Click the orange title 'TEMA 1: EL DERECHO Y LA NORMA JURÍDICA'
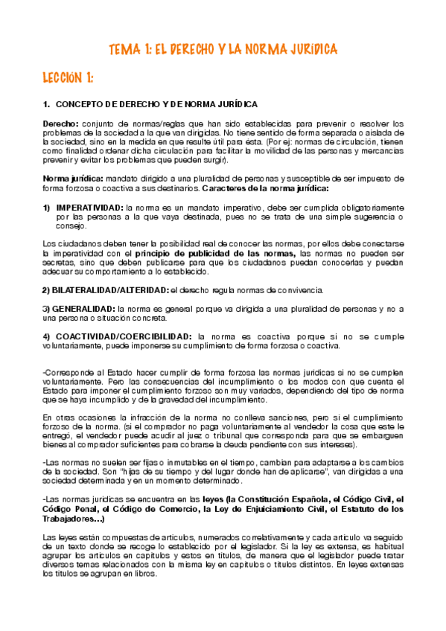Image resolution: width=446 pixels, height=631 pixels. pos(223,49)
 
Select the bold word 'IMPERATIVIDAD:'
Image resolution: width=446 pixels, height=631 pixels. pos(89,207)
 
